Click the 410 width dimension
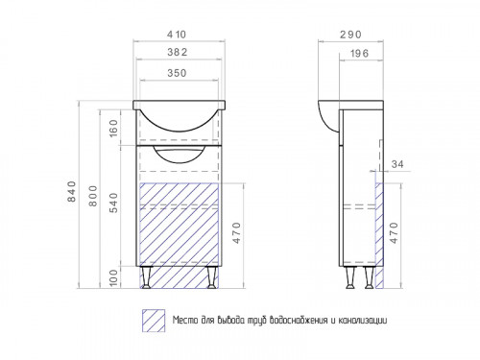pyautogui.click(x=177, y=35)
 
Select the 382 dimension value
pyautogui.click(x=178, y=52)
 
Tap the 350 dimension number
pyautogui.click(x=177, y=73)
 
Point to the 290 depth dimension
pyautogui.click(x=350, y=35)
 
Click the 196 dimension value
pyautogui.click(x=359, y=53)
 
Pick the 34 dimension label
pyautogui.click(x=397, y=164)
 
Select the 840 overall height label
pyautogui.click(x=72, y=191)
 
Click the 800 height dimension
pyautogui.click(x=93, y=196)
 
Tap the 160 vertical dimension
pyautogui.click(x=113, y=128)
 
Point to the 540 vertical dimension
pyautogui.click(x=113, y=203)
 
